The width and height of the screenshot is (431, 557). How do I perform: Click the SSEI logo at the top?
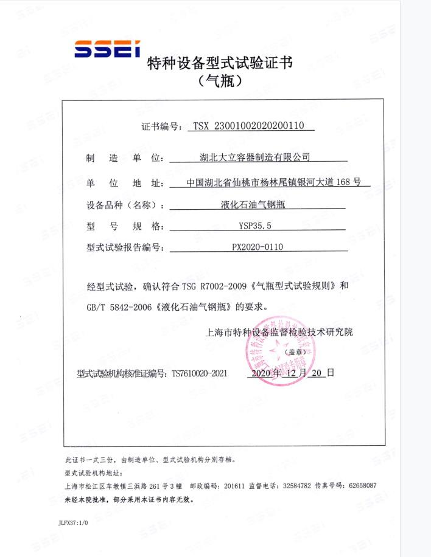[107, 49]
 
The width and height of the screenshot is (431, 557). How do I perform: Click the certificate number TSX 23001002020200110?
[253, 126]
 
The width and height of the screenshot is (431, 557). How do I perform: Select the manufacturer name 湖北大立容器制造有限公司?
[255, 157]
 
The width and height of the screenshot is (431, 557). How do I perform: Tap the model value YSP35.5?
[255, 226]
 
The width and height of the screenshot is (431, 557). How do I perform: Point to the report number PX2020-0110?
[258, 247]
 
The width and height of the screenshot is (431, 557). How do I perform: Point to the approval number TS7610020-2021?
[199, 373]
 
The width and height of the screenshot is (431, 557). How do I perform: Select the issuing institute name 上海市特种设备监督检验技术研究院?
[279, 332]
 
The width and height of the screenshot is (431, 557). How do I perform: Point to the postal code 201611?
[234, 486]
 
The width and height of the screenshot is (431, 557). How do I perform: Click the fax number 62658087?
[362, 486]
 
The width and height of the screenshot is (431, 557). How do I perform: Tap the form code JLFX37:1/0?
[73, 522]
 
